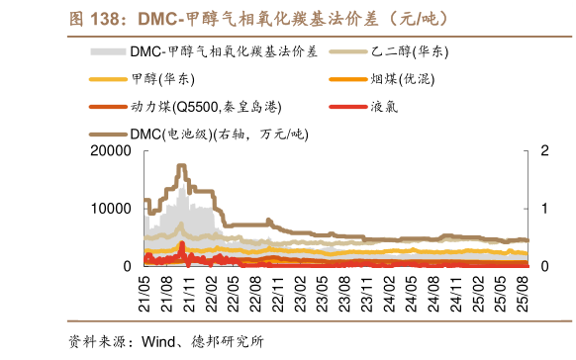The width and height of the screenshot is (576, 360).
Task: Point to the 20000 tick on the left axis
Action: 110,150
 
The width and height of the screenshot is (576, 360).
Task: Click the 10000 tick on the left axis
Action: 110,209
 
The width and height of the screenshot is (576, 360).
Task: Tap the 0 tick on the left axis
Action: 127,266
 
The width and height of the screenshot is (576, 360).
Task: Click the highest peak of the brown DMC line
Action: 181,166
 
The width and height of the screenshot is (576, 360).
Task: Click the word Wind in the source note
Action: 161,342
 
